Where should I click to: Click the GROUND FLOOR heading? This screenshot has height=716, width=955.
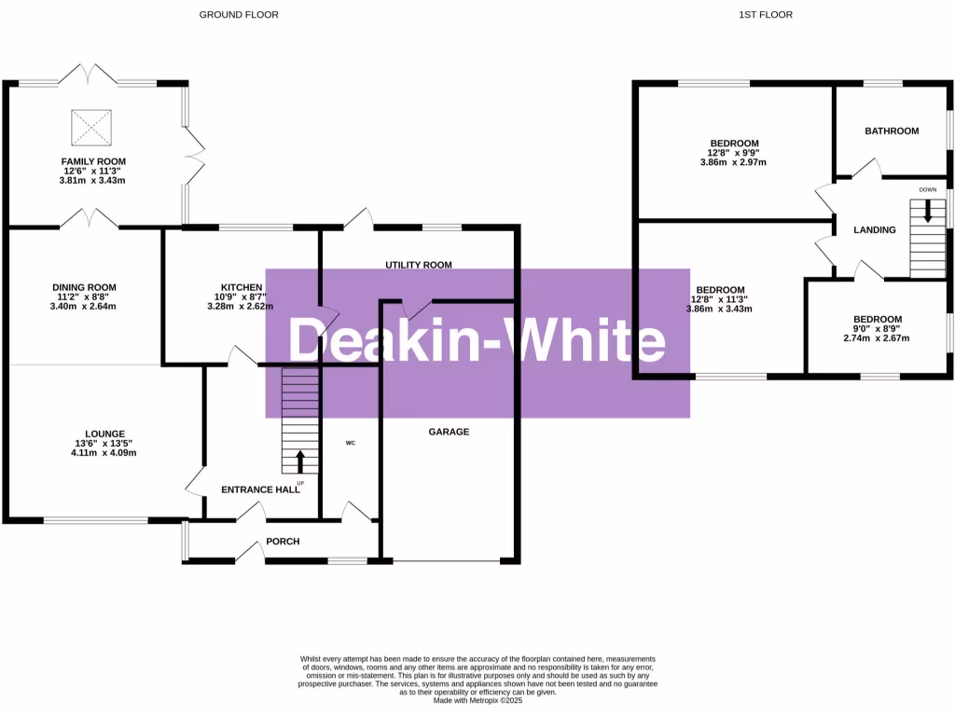coord(239,14)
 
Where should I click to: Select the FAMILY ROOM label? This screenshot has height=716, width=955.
coord(93,161)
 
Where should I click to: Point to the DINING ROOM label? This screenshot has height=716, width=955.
coord(85,287)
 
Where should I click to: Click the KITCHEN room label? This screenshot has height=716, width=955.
coord(242,286)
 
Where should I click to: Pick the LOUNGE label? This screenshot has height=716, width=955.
coord(99,434)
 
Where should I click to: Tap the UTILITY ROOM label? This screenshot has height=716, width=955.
coord(419,265)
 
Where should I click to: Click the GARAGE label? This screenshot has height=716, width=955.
coord(449,432)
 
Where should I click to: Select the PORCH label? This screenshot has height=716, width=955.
coord(283,541)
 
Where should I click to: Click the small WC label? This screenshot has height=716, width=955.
coord(351,443)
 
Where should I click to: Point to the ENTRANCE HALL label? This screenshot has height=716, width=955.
coord(260,489)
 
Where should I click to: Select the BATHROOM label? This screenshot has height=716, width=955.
coord(892,131)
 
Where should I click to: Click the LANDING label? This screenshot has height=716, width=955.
coord(875,229)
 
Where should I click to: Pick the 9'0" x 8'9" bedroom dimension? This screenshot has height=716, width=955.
coord(878,328)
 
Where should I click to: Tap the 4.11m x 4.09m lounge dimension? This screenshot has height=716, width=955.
coord(99,454)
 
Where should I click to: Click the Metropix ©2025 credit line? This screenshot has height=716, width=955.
coord(477,700)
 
